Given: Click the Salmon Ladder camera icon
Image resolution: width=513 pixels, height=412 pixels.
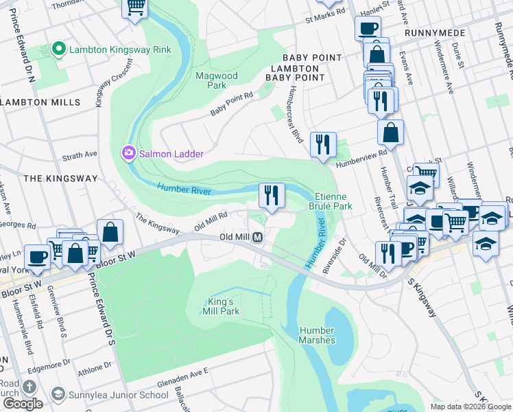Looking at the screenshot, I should tap(128, 154).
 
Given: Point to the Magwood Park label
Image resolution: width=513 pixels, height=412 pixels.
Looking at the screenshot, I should tap(216, 80).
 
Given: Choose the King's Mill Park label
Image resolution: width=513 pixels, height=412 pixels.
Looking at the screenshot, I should tap(221, 306).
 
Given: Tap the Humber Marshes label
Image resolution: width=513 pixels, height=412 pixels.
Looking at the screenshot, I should tap(317, 335).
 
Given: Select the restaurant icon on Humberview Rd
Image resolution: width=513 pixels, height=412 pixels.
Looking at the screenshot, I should tap(322, 144).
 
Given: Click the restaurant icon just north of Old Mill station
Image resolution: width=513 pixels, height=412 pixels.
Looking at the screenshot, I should tap(272, 195).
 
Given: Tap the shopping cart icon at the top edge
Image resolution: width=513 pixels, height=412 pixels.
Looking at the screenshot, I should tap(135, 7).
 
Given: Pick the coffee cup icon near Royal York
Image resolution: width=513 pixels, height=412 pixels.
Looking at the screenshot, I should tap(38, 256).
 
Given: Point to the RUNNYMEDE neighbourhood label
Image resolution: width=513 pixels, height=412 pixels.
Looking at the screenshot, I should tap(435, 33).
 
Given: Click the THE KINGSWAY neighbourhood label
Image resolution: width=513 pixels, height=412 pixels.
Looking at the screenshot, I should tap(60, 178).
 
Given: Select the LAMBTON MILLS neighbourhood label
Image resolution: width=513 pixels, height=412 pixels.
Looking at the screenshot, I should tap(40, 102).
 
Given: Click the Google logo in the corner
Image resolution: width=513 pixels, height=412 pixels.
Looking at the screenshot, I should tap(22, 404).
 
